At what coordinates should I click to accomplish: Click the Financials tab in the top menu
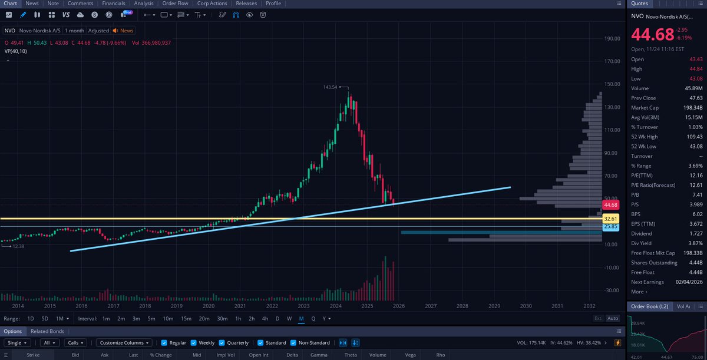click(113, 4)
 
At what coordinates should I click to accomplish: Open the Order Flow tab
click(175, 4)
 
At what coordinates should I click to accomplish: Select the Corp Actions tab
click(212, 4)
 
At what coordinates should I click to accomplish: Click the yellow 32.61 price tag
click(610, 219)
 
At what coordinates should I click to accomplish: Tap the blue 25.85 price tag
click(610, 226)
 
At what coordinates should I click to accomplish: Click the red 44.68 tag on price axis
click(610, 205)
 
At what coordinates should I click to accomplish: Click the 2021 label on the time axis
click(240, 306)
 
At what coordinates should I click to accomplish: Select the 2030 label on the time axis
click(526, 306)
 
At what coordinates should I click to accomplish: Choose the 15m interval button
click(186, 319)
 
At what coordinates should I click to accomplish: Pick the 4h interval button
click(265, 319)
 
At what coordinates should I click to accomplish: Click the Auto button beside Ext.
click(613, 319)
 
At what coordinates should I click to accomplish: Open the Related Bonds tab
click(47, 331)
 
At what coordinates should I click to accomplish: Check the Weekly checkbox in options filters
click(194, 343)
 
